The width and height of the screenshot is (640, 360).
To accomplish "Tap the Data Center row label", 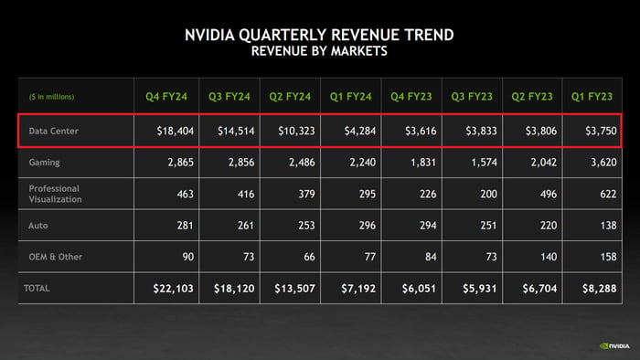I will tap(54, 132).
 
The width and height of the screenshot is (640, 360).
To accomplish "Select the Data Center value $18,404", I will tap(175, 132).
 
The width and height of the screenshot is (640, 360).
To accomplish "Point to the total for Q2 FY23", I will tap(541, 289).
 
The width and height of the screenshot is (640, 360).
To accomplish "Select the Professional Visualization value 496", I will tap(549, 194).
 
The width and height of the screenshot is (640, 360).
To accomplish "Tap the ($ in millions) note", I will tap(51, 97).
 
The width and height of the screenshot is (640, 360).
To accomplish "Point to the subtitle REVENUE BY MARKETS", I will tap(319, 52).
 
